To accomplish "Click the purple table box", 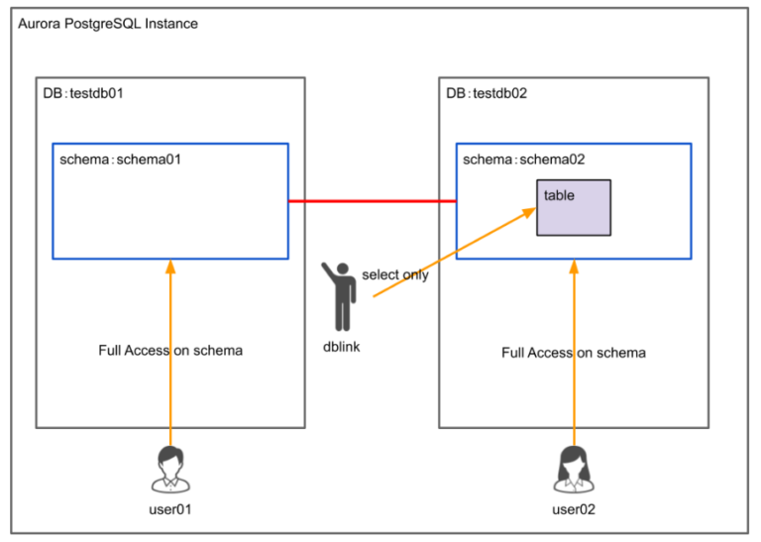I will coord(574,212).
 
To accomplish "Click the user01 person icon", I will coord(170,468).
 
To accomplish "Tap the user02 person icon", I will coord(574,468).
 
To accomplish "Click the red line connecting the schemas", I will coord(372,202).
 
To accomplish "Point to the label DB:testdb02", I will coord(487,94).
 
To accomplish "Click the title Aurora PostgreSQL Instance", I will coord(108,23).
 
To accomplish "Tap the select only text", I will coord(395,274).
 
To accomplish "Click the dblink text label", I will coord(342,347).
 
